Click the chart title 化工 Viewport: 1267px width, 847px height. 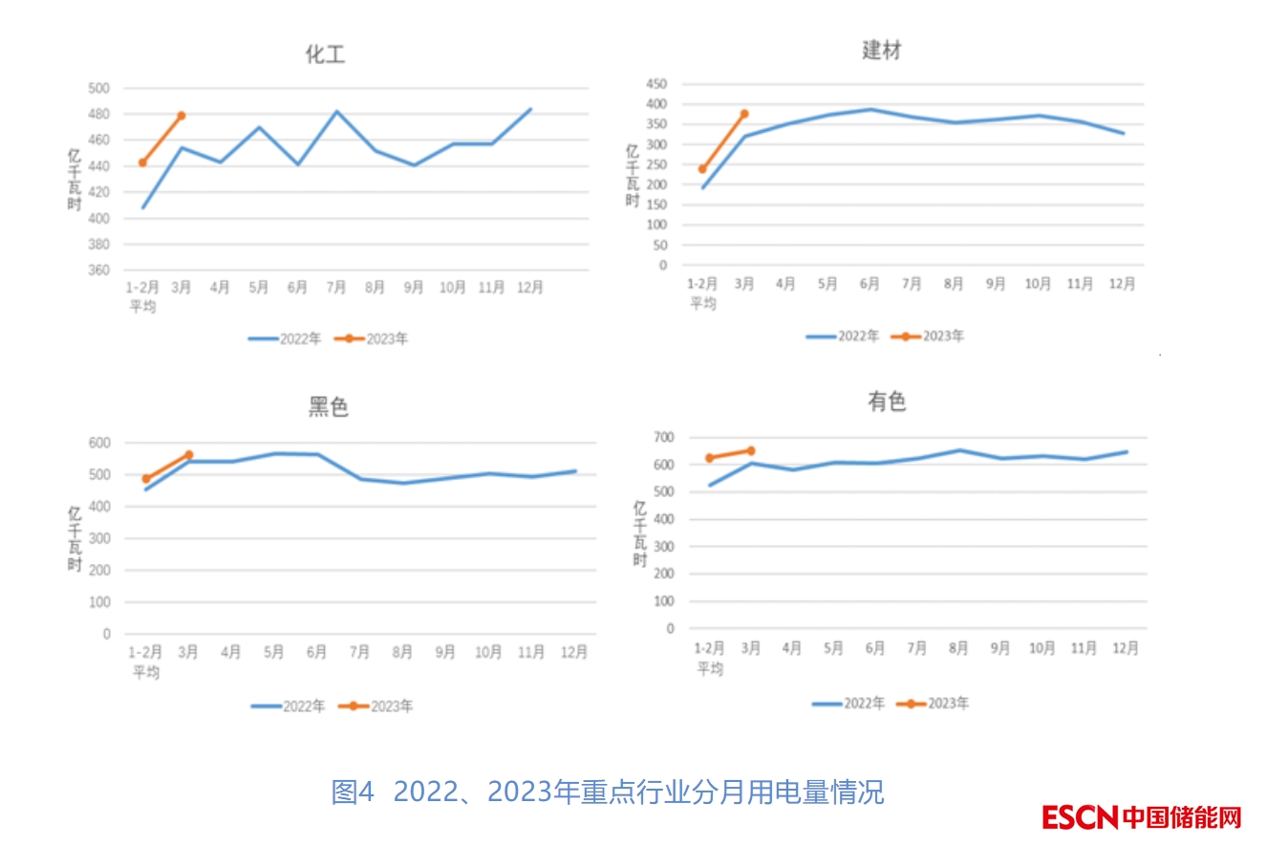[x=325, y=54]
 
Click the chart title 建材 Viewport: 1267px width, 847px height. [x=881, y=51]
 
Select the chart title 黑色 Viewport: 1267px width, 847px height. [x=328, y=407]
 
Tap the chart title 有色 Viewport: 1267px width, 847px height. [x=886, y=402]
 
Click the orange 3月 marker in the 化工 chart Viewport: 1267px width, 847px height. [x=181, y=116]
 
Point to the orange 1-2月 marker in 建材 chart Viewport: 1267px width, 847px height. [x=702, y=169]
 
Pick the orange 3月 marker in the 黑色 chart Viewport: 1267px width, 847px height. [x=188, y=455]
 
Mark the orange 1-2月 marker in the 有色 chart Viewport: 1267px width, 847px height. [x=709, y=458]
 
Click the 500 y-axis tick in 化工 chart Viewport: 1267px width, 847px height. [x=99, y=88]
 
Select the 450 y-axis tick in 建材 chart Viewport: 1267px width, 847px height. [x=655, y=84]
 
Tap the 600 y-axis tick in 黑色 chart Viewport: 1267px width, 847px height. [x=99, y=443]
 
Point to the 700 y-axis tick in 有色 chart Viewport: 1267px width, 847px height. [x=663, y=438]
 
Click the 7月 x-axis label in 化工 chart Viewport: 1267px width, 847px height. [x=335, y=287]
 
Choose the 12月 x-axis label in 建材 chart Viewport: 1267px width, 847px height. [x=1122, y=284]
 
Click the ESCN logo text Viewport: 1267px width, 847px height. [x=1080, y=817]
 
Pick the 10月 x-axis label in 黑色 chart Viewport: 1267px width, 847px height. [x=488, y=652]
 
